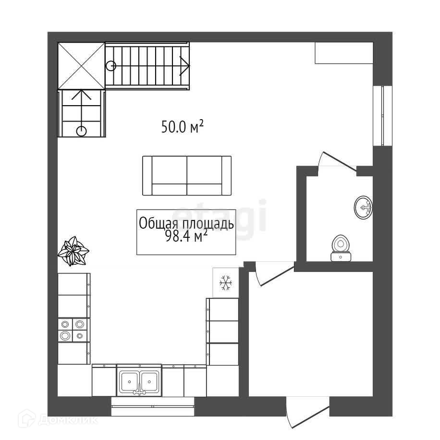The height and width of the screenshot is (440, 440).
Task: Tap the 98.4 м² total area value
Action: coord(186,236)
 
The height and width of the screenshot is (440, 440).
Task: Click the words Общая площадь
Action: coord(186,224)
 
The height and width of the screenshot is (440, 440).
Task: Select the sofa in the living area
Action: coord(186,176)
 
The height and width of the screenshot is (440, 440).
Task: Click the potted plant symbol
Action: coord(73,251)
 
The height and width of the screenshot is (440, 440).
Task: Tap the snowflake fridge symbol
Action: coord(226,282)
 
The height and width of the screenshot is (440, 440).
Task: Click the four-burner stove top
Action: coord(73,330)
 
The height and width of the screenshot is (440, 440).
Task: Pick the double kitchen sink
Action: coord(139,382)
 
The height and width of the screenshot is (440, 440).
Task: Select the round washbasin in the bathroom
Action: coord(363,208)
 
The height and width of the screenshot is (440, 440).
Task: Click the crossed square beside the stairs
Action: coord(81,66)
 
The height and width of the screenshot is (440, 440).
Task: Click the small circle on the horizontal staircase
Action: coord(111,65)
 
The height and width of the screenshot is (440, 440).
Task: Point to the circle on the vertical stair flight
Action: coord(81,130)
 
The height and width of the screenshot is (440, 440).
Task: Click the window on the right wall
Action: coord(382,115)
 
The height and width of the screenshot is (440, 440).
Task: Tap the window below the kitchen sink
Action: coord(153,406)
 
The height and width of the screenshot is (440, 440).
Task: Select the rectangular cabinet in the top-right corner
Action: coord(343,52)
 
